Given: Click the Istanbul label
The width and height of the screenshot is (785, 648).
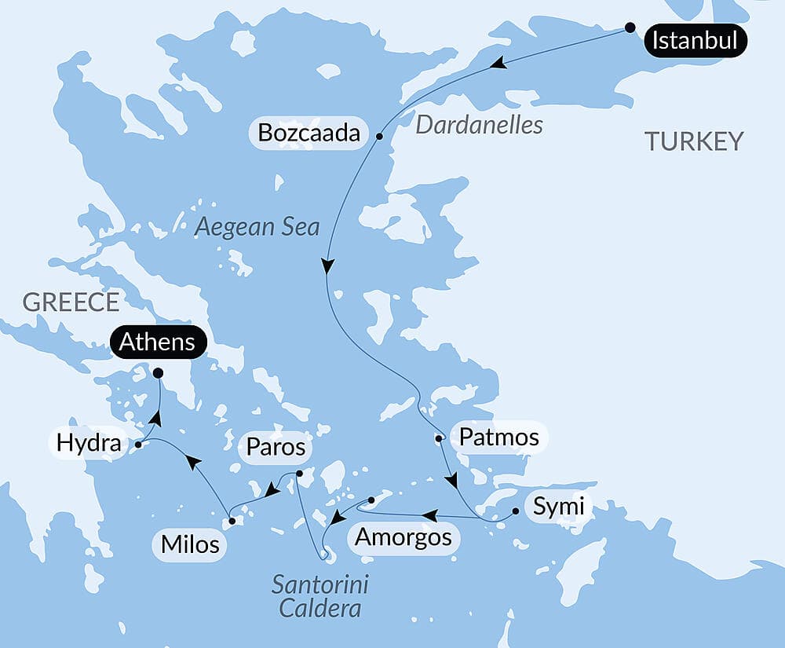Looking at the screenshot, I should pyautogui.click(x=695, y=40).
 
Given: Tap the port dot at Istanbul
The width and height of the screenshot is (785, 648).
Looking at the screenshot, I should pyautogui.click(x=630, y=27).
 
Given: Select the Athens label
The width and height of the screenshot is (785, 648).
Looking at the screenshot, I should pyautogui.click(x=159, y=342).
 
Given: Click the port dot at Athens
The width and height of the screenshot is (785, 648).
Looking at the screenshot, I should pyautogui.click(x=158, y=373).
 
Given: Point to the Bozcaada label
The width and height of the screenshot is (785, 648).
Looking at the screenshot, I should pyautogui.click(x=309, y=133).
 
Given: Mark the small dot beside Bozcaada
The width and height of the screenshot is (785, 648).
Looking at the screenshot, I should pyautogui.click(x=379, y=136).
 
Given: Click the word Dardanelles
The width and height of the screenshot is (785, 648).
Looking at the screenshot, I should pyautogui.click(x=479, y=125).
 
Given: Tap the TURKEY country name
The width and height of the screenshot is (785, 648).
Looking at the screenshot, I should pyautogui.click(x=693, y=141).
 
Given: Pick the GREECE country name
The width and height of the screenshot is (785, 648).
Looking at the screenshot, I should pyautogui.click(x=71, y=302).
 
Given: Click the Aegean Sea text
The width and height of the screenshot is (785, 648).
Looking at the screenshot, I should pyautogui.click(x=257, y=227).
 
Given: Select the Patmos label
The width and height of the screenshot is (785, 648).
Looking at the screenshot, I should pyautogui.click(x=498, y=437).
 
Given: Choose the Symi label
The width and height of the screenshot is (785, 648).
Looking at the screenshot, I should pyautogui.click(x=558, y=507).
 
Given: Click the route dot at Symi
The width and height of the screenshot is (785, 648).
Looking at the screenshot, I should pyautogui.click(x=515, y=511).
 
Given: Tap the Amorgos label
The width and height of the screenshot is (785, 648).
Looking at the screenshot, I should pyautogui.click(x=403, y=538).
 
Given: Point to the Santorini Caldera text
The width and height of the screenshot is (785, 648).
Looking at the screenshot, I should pyautogui.click(x=320, y=596).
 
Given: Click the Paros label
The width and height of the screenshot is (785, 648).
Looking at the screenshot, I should pyautogui.click(x=275, y=447).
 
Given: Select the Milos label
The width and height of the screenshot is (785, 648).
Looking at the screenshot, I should pyautogui.click(x=190, y=544).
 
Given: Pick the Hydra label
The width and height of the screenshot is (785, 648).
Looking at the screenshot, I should pyautogui.click(x=89, y=445).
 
